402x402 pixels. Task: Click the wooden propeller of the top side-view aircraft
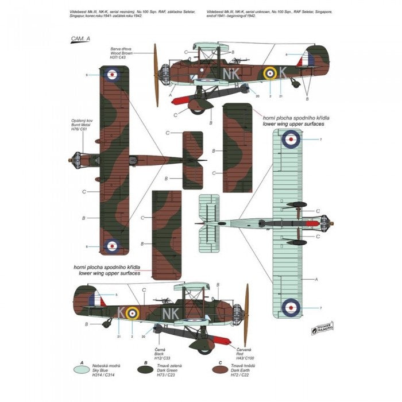coord(156,74)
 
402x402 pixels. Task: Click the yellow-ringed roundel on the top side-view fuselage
coord(268,74)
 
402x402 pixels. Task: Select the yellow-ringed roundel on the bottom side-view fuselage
coord(133,312)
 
